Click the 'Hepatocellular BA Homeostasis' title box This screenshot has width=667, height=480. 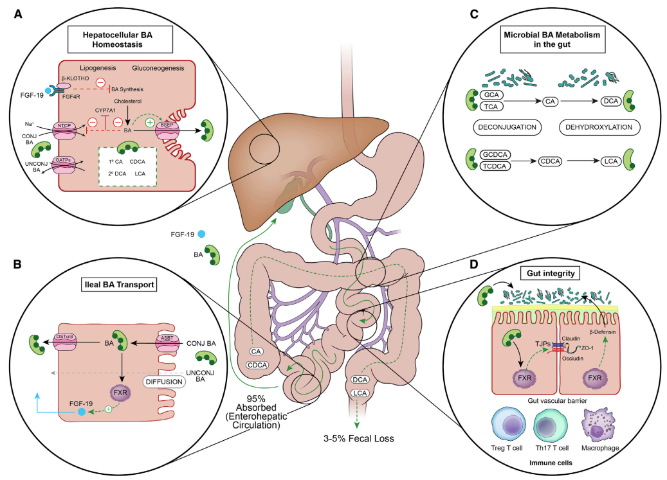[x=120, y=39]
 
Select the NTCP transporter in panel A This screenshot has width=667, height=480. [x=64, y=129]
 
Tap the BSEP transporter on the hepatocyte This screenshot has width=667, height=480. [x=167, y=130]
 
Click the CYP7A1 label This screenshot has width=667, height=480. [x=105, y=111]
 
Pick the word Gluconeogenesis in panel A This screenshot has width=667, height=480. [x=158, y=68]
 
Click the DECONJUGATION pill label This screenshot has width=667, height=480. [x=507, y=127]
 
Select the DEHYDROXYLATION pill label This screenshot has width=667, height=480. [x=599, y=127]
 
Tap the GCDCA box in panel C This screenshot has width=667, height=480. [x=495, y=155]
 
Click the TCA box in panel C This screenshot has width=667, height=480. [x=491, y=107]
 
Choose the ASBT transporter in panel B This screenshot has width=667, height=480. [x=167, y=343]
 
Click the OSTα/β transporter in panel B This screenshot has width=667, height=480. [x=65, y=342]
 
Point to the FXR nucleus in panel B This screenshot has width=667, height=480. [x=120, y=393]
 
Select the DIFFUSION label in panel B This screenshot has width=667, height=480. [x=164, y=382]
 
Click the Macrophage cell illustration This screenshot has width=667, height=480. [x=599, y=425]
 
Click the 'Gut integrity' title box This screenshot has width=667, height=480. [x=551, y=273]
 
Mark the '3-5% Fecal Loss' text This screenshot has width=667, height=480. [x=359, y=438]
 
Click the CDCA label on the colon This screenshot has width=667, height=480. [x=257, y=366]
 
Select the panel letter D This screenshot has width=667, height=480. [x=473, y=264]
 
